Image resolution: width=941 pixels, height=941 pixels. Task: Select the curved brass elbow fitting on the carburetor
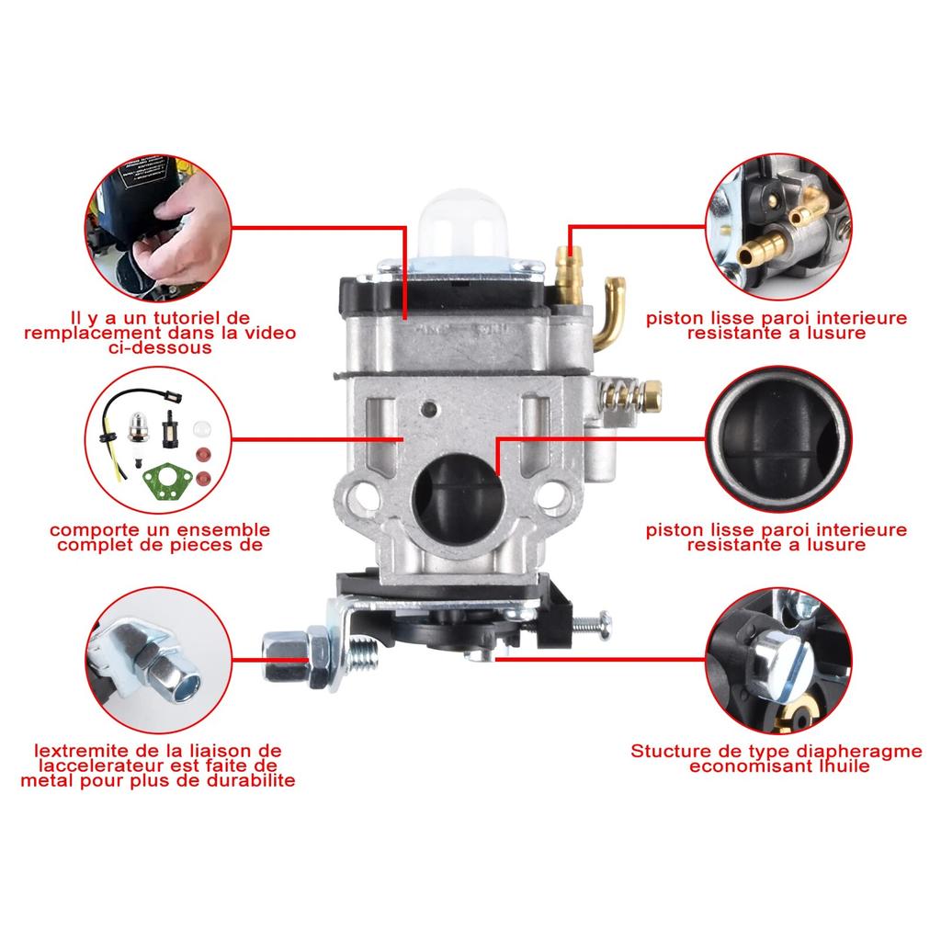tap(610, 312)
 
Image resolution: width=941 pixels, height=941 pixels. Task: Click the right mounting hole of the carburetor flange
tap(552, 497)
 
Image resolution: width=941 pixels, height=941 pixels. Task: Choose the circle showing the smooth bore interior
tap(777, 436)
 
